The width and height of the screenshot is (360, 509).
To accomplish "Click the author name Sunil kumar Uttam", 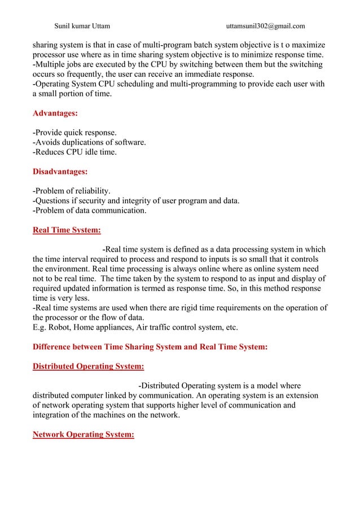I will click(82, 25).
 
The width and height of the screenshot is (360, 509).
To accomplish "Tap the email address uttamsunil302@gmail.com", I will click(265, 25).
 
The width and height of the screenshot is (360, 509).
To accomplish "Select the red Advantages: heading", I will click(55, 113).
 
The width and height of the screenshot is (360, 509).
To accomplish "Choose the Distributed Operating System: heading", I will click(88, 366).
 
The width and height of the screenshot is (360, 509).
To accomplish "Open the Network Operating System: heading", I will click(83, 435).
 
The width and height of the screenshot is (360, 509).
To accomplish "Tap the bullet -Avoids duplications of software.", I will click(89, 142).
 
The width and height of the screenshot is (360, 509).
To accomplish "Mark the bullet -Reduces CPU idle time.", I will click(74, 152).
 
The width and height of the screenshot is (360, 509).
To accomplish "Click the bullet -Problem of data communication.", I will click(89, 210).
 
